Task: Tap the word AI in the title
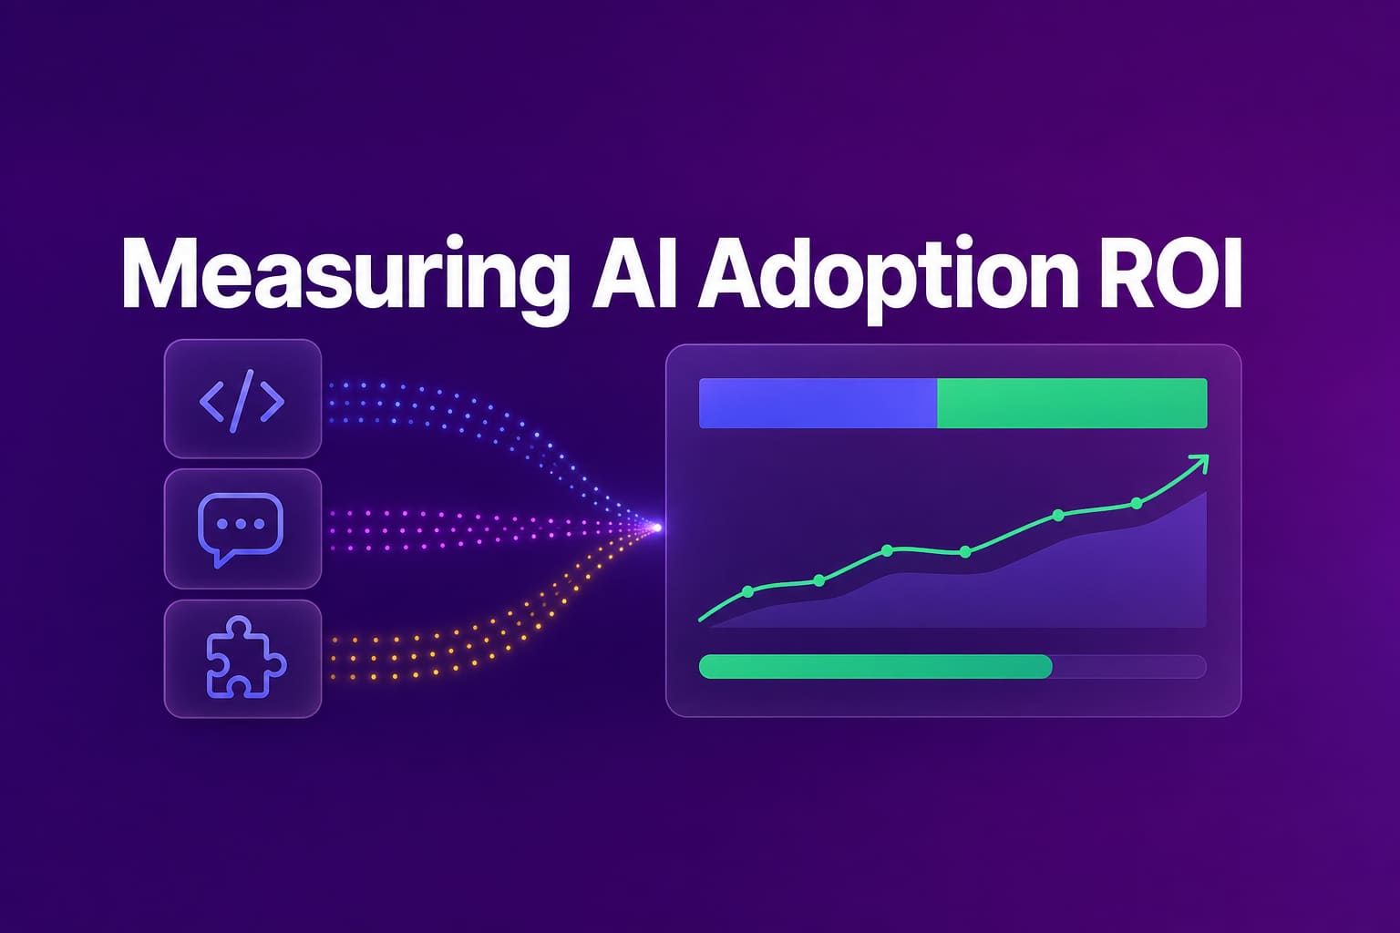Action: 634,272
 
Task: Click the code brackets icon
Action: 242,401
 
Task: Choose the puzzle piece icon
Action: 245,658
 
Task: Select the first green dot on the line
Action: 747,591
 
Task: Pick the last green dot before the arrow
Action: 1137,503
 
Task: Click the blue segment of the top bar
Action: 818,403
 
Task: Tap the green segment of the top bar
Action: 1073,403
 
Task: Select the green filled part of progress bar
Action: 876,666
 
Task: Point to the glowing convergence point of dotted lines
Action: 657,528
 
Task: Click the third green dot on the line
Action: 887,550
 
